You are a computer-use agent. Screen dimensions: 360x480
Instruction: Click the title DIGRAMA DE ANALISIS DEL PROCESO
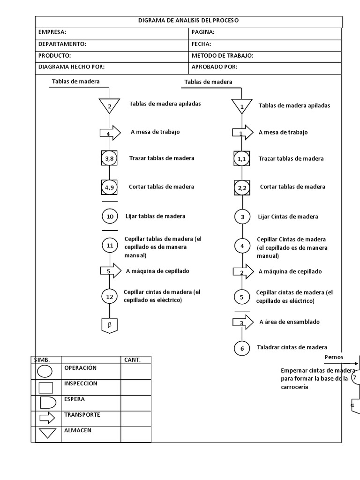pyautogui.click(x=188, y=21)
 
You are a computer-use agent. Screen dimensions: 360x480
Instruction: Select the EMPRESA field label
pyautogui.click(x=52, y=32)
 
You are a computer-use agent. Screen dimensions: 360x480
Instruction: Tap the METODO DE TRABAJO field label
pyautogui.click(x=222, y=56)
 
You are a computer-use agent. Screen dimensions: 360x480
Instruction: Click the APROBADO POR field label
pyautogui.click(x=214, y=67)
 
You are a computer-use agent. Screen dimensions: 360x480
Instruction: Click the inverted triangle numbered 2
pyautogui.click(x=110, y=105)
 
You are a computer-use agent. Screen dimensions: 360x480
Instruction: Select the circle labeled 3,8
pyautogui.click(x=109, y=159)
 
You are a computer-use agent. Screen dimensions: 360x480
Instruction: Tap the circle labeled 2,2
pyautogui.click(x=242, y=188)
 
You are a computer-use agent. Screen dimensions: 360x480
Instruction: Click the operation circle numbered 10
pyautogui.click(x=110, y=217)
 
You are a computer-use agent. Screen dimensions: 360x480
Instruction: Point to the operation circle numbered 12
pyautogui.click(x=110, y=296)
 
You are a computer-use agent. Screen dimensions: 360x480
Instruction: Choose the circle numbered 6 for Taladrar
pyautogui.click(x=242, y=348)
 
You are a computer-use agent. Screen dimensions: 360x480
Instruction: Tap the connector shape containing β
pyautogui.click(x=109, y=325)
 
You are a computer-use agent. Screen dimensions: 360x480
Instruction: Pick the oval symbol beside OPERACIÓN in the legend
pyautogui.click(x=45, y=372)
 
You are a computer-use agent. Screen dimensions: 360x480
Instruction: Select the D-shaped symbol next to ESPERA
pyautogui.click(x=46, y=403)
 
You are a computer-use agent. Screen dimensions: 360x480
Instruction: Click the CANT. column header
pyautogui.click(x=132, y=360)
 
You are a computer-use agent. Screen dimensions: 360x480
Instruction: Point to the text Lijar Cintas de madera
pyautogui.click(x=288, y=217)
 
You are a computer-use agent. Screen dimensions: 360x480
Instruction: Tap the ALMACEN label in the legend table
pyautogui.click(x=78, y=430)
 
